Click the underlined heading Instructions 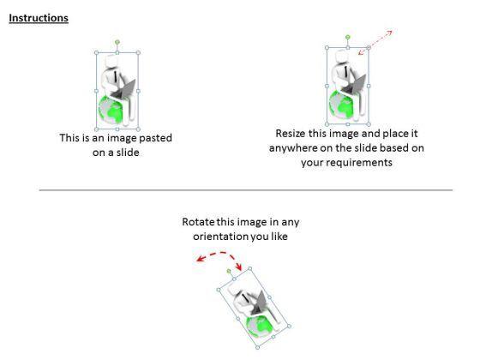[x=39, y=18]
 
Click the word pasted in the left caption [x=155, y=138]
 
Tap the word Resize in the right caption [x=291, y=134]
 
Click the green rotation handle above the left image [x=117, y=42]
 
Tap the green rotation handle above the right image [x=348, y=38]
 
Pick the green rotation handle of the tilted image [x=229, y=271]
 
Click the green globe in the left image [x=111, y=110]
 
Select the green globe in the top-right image [x=341, y=105]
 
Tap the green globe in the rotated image [x=260, y=327]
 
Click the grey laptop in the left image [x=123, y=91]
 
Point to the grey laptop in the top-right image [x=354, y=86]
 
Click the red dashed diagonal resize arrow [x=375, y=42]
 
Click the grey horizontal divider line [x=246, y=190]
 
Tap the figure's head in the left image [x=111, y=62]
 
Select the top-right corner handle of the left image [x=138, y=53]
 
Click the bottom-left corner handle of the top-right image [x=327, y=124]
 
